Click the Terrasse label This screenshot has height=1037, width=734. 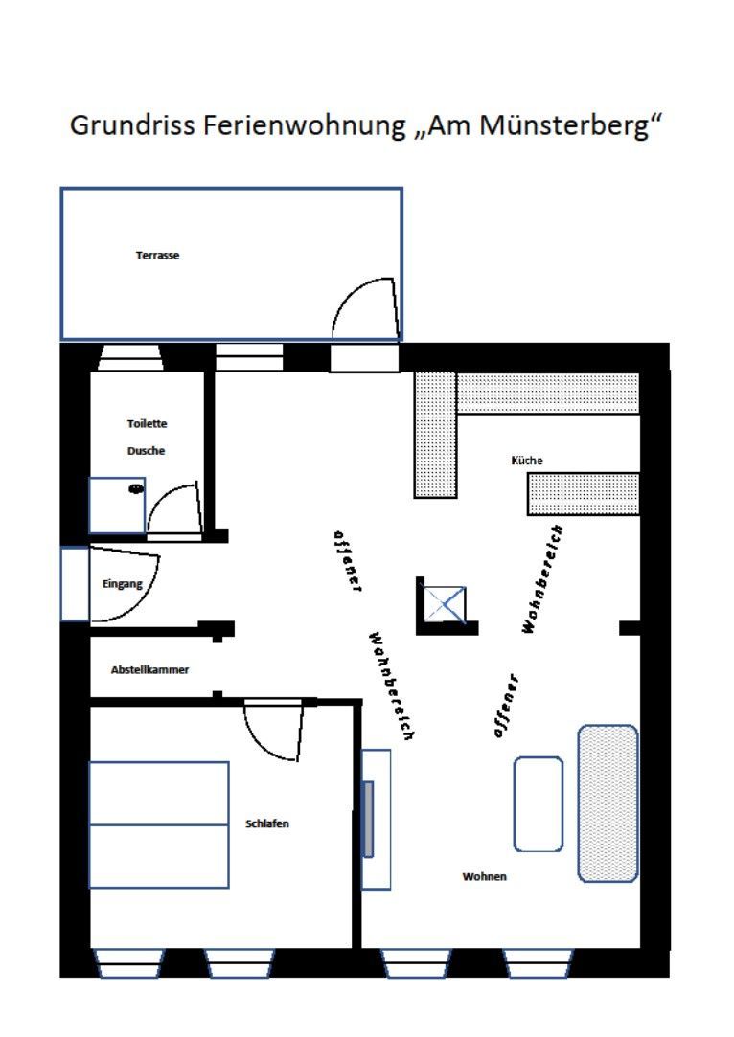coord(157,256)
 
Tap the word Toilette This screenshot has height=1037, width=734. coord(147,424)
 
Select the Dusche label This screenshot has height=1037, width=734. coord(147,451)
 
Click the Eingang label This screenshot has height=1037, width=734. coord(122,584)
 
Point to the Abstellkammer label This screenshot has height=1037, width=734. coord(149,670)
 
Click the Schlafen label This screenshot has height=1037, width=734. coord(267,824)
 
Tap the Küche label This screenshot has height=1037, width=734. coord(527,461)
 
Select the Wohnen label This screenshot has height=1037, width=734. coord(485,877)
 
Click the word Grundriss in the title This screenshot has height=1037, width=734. coord(131,125)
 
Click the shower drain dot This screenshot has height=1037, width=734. coord(136,488)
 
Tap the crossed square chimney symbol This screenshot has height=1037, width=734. coord(446,604)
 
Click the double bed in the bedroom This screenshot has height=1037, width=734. coord(159,824)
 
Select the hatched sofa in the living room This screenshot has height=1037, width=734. coord(608,803)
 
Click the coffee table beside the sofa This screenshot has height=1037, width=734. coord(539,804)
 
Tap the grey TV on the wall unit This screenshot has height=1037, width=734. coord(369,820)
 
